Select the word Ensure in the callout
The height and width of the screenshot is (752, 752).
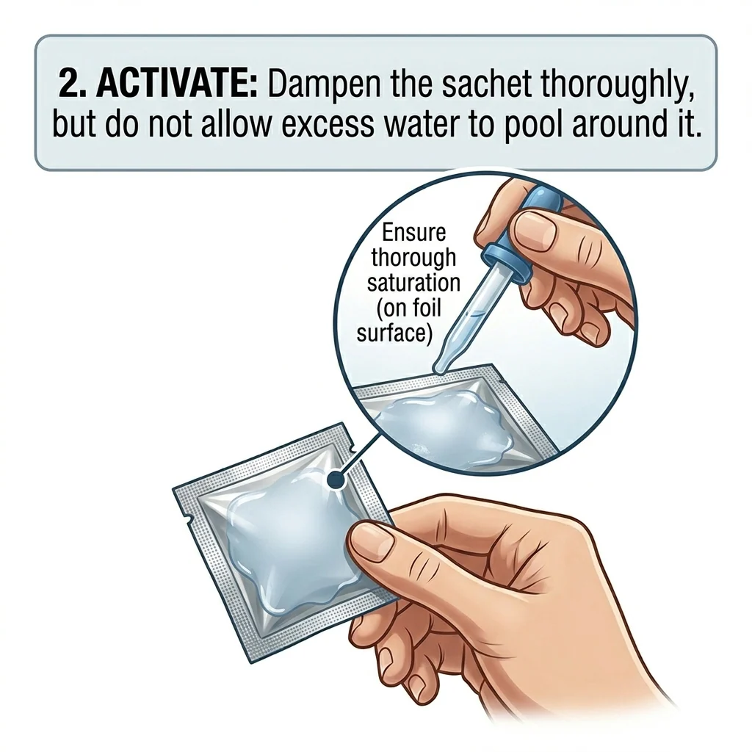coord(413,234)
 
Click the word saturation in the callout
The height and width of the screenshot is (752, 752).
coord(413,283)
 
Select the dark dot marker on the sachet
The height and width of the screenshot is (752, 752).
coord(337,480)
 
